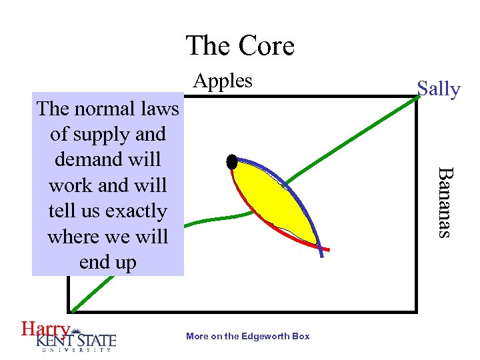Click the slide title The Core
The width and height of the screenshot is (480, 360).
pyautogui.click(x=240, y=46)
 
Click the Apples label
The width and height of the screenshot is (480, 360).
pyautogui.click(x=223, y=81)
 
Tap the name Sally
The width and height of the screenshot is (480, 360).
pyautogui.click(x=438, y=89)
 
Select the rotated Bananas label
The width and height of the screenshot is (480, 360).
pyautogui.click(x=444, y=201)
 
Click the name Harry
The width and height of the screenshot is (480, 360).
pyautogui.click(x=45, y=329)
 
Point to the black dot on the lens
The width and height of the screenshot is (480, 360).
pyautogui.click(x=232, y=161)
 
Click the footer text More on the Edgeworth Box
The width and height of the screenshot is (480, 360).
pyautogui.click(x=248, y=336)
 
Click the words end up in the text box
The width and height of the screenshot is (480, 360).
pyautogui.click(x=107, y=262)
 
